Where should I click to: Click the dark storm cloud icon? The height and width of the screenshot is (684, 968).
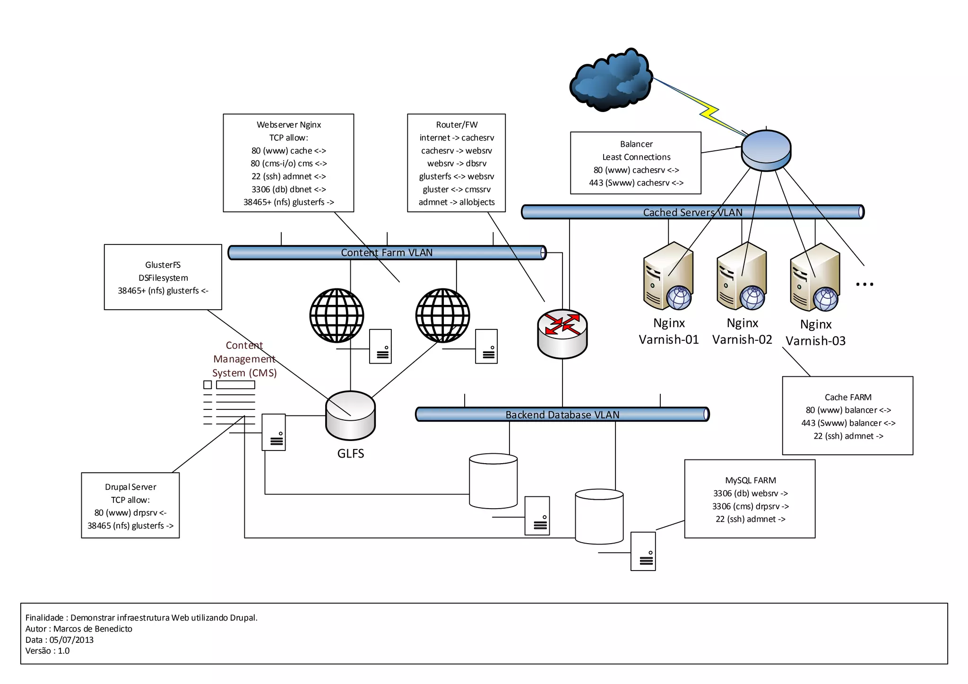[610, 80]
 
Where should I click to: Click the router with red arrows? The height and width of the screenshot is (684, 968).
[562, 334]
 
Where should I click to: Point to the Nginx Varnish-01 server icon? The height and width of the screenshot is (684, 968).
[668, 277]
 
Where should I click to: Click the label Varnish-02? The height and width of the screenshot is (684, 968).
[742, 339]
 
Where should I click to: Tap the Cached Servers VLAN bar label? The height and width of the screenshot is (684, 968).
[692, 212]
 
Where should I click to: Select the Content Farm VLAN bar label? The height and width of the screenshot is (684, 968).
[387, 252]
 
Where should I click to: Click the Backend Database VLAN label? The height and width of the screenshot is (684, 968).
[562, 415]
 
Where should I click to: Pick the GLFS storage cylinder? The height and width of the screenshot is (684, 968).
[350, 416]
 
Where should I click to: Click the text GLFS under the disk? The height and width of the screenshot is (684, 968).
[350, 453]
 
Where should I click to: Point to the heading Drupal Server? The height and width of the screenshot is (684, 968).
[130, 487]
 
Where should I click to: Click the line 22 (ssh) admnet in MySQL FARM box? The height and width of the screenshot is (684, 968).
[750, 519]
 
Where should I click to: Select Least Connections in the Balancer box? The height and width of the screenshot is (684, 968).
[636, 157]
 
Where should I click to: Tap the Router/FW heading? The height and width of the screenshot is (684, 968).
[457, 125]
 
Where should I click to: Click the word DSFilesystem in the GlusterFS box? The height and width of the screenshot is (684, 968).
[163, 278]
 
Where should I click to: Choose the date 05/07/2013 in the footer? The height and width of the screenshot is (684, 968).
[71, 640]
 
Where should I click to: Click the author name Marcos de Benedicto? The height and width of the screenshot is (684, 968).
[93, 629]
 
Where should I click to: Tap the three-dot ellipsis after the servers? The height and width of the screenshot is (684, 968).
[864, 284]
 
